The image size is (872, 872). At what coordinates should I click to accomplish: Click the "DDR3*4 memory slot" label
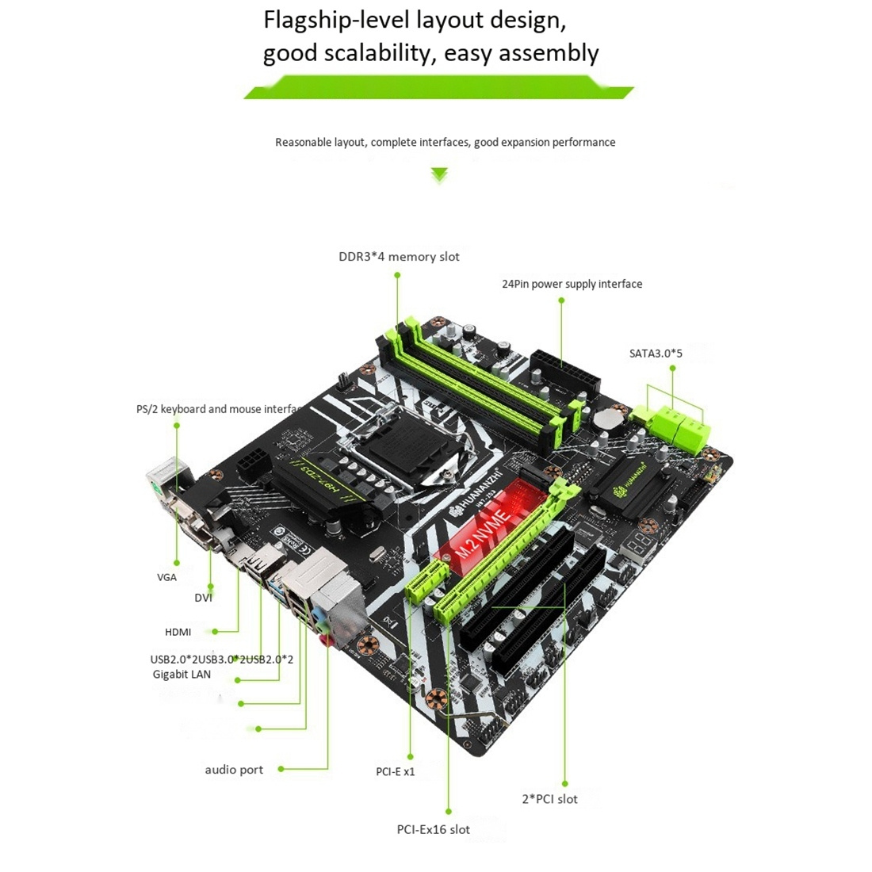tap(399, 257)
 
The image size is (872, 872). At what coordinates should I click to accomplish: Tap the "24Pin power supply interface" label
tap(572, 284)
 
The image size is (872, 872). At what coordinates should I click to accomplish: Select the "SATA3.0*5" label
tap(656, 354)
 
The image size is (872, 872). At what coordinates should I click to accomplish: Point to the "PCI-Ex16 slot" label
tap(433, 829)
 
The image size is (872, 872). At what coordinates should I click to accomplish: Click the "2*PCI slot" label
tap(549, 799)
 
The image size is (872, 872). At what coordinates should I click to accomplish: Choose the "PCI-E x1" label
tap(396, 771)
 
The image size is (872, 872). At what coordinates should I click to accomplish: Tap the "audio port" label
tap(234, 770)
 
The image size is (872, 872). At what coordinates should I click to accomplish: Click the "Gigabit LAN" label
tap(182, 675)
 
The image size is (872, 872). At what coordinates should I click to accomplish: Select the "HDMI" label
tap(178, 632)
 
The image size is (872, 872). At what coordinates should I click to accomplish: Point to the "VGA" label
tap(166, 577)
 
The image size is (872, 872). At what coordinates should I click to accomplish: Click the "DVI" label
tap(204, 598)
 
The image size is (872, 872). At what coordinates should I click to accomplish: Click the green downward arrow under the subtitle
tap(438, 175)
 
